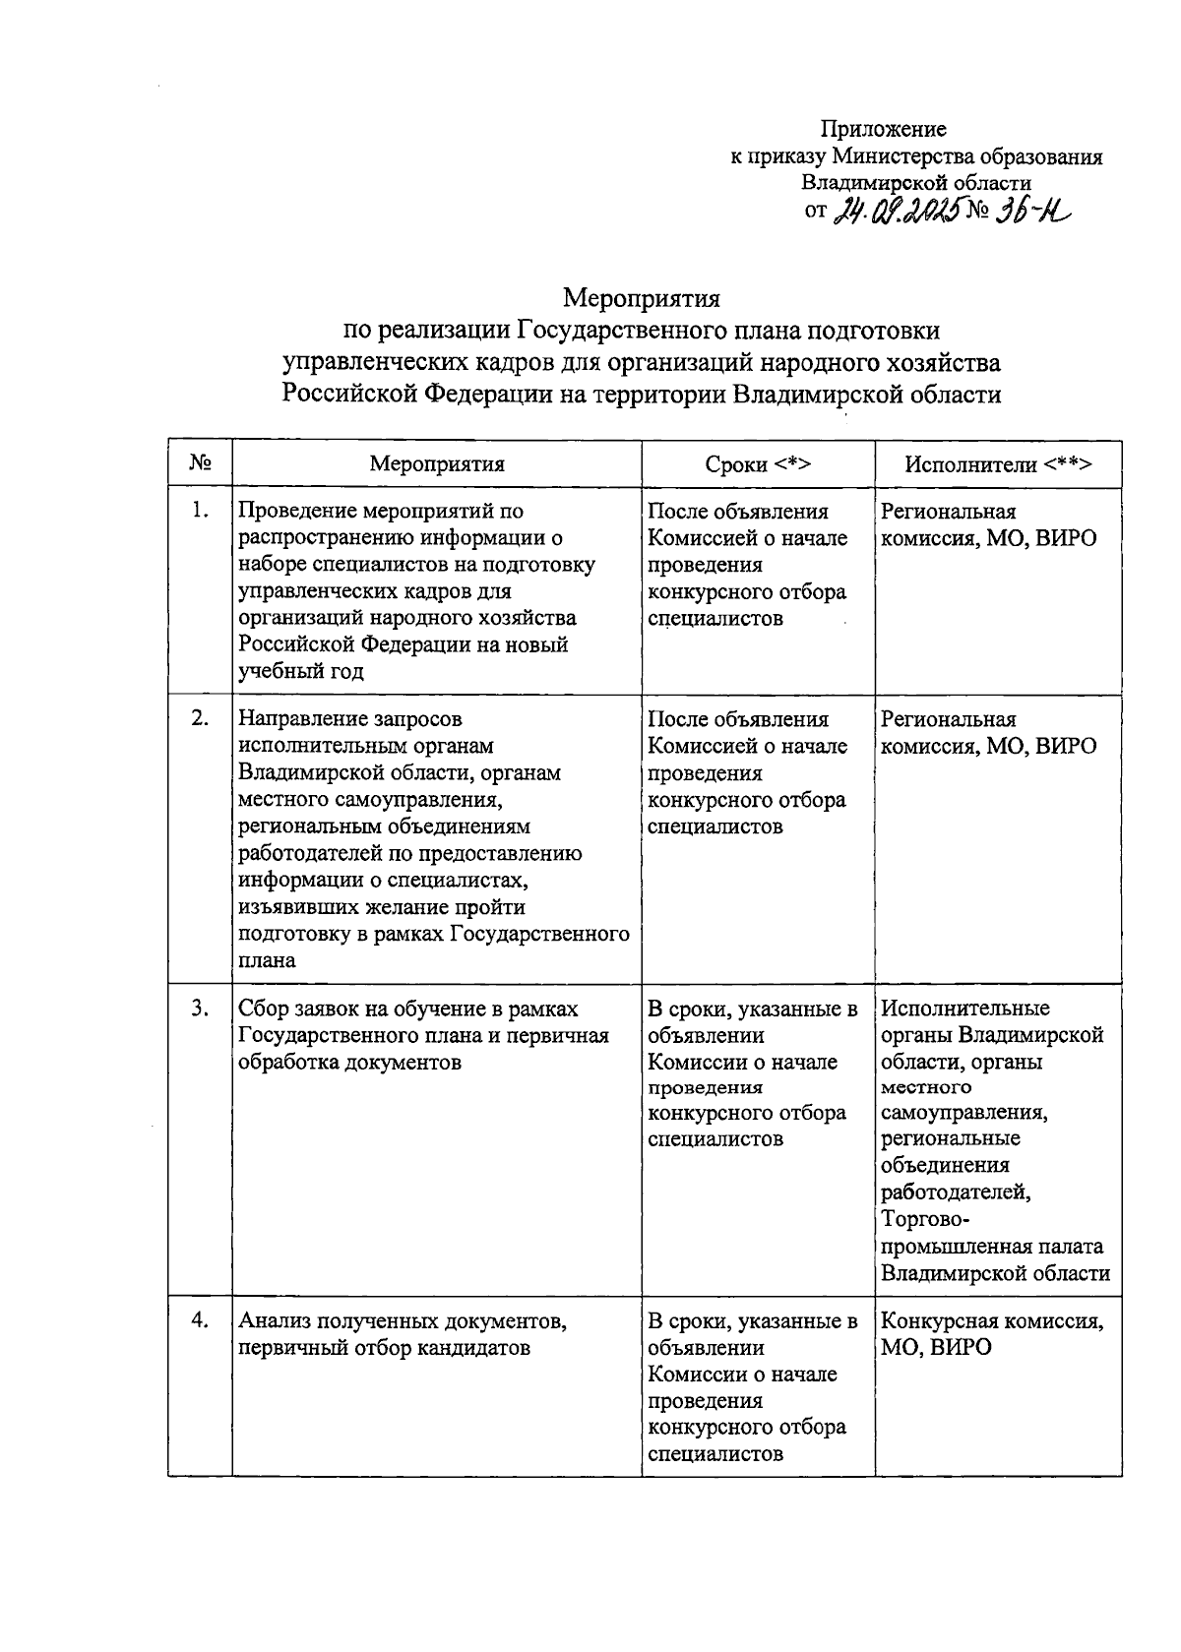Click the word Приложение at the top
(x=883, y=129)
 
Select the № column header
(x=200, y=463)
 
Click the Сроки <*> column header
(x=758, y=464)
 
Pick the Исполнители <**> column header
(x=998, y=464)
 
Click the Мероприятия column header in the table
(x=437, y=464)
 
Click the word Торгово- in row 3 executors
(x=924, y=1220)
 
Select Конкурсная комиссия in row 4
(x=992, y=1321)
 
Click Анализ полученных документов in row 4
(x=402, y=1321)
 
